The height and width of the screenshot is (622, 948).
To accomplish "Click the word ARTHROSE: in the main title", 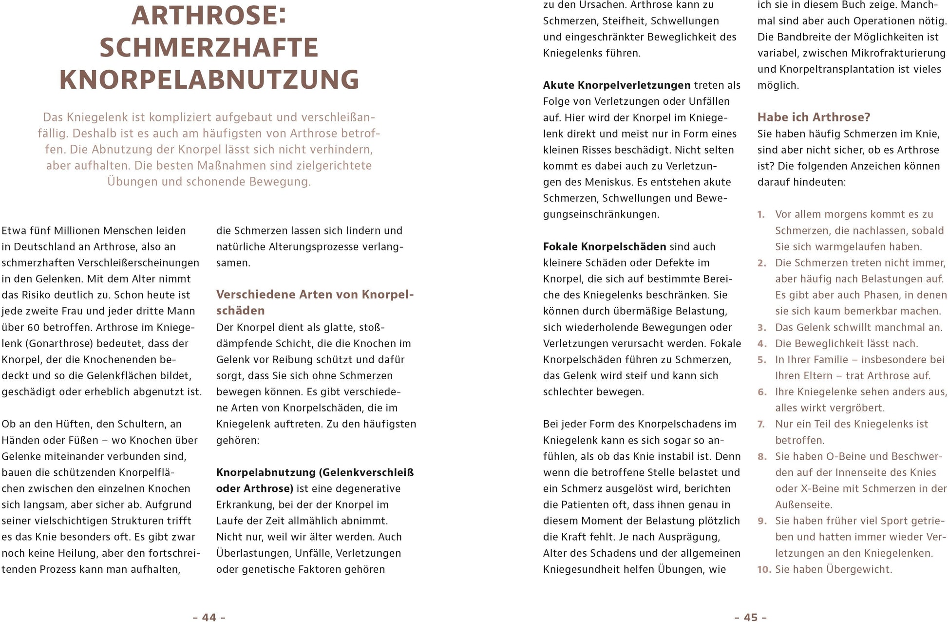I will (209, 16).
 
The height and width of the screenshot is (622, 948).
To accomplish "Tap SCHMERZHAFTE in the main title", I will (209, 48).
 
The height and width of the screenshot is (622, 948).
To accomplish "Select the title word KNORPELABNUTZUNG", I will (209, 80).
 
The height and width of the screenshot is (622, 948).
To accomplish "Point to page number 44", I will (209, 617).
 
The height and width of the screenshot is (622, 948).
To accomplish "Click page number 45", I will (751, 617).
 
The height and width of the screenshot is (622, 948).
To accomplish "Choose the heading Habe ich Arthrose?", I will (814, 117).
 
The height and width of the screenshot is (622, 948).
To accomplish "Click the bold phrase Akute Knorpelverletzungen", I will (617, 85).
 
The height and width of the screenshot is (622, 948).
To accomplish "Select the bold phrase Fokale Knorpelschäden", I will (604, 247).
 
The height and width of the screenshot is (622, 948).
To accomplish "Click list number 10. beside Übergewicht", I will (764, 569).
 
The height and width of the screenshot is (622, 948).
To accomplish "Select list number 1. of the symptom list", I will (761, 214).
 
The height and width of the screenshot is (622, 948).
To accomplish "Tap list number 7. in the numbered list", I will (761, 424).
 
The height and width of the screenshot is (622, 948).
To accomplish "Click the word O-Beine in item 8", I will (847, 456).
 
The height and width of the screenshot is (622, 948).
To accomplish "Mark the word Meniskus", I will (605, 182).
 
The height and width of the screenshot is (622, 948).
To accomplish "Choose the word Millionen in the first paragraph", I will (78, 231).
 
